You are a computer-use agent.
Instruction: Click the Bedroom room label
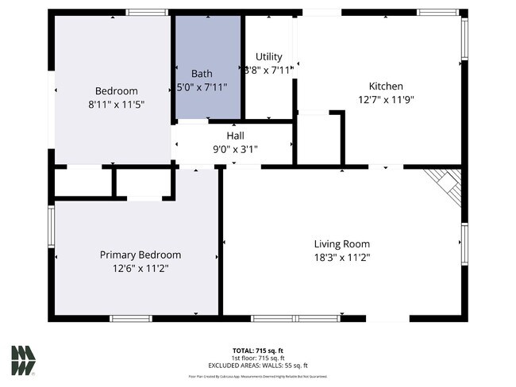117,90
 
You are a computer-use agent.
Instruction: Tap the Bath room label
202,73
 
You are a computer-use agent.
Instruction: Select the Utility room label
268,57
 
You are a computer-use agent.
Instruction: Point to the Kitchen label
386,86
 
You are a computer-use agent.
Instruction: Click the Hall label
235,136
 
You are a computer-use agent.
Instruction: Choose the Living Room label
341,244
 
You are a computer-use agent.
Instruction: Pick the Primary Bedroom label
140,255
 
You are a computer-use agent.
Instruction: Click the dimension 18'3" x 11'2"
341,257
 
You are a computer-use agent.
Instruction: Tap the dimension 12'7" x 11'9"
387,100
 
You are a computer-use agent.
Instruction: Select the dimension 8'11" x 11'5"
117,104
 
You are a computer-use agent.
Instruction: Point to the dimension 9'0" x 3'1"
235,148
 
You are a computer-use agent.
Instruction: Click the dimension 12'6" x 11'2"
140,268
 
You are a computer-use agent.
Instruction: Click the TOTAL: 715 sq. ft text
257,350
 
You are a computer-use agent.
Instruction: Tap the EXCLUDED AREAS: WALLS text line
257,365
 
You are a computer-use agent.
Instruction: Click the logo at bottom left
23,360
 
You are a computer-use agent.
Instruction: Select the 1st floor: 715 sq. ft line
257,358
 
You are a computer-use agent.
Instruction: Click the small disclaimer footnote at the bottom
257,376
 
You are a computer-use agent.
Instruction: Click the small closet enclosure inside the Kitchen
318,140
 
